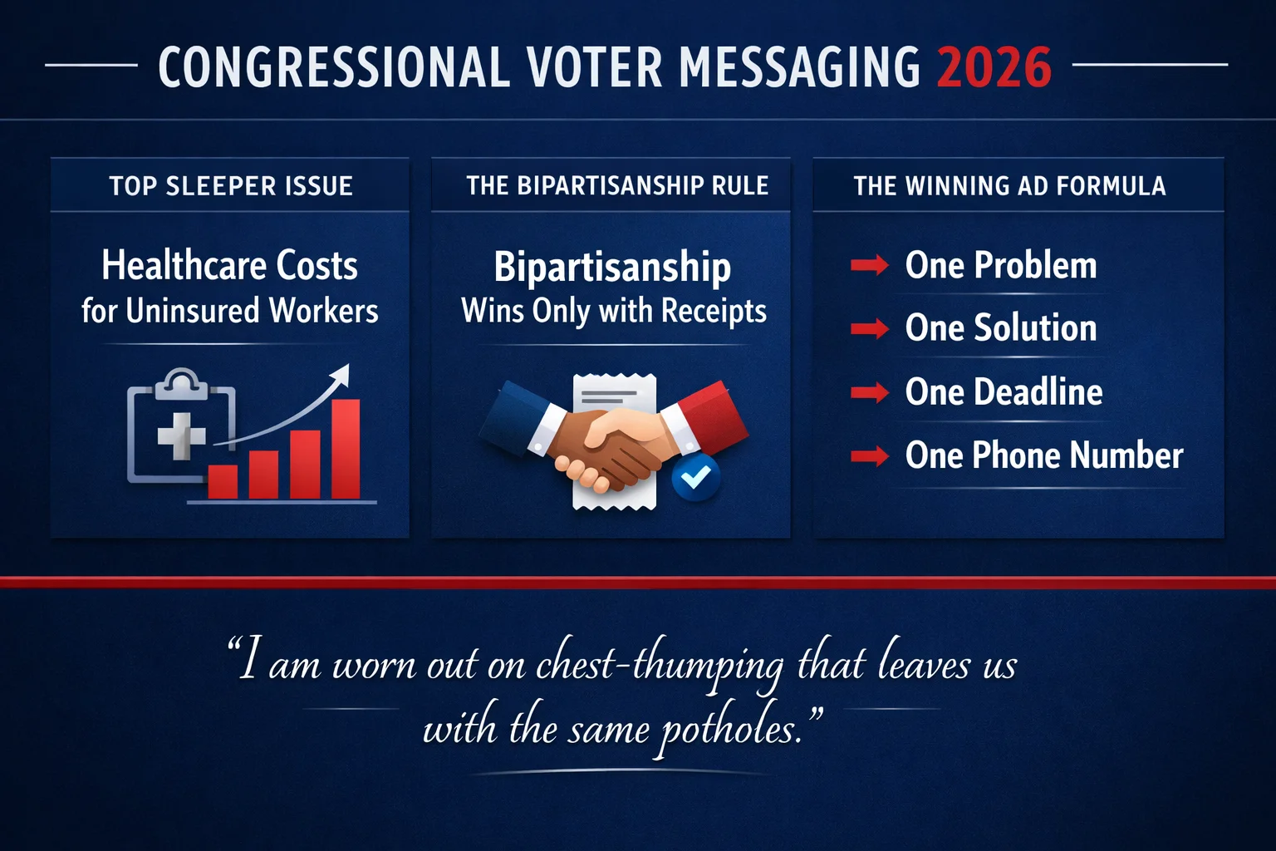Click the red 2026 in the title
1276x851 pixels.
[994, 67]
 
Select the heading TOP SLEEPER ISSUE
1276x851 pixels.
[231, 186]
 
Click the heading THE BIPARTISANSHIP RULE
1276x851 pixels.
[617, 186]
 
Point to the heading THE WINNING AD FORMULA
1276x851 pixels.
[1009, 186]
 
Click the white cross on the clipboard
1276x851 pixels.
[181, 435]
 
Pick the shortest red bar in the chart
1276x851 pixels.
[223, 482]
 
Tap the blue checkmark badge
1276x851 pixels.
[695, 477]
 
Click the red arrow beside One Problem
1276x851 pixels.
[870, 266]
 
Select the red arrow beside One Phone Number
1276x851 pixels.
[870, 455]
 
